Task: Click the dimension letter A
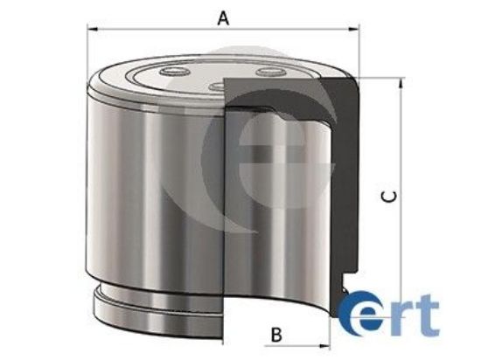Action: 224,17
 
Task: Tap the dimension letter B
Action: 276,334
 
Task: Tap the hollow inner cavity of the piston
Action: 280,201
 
